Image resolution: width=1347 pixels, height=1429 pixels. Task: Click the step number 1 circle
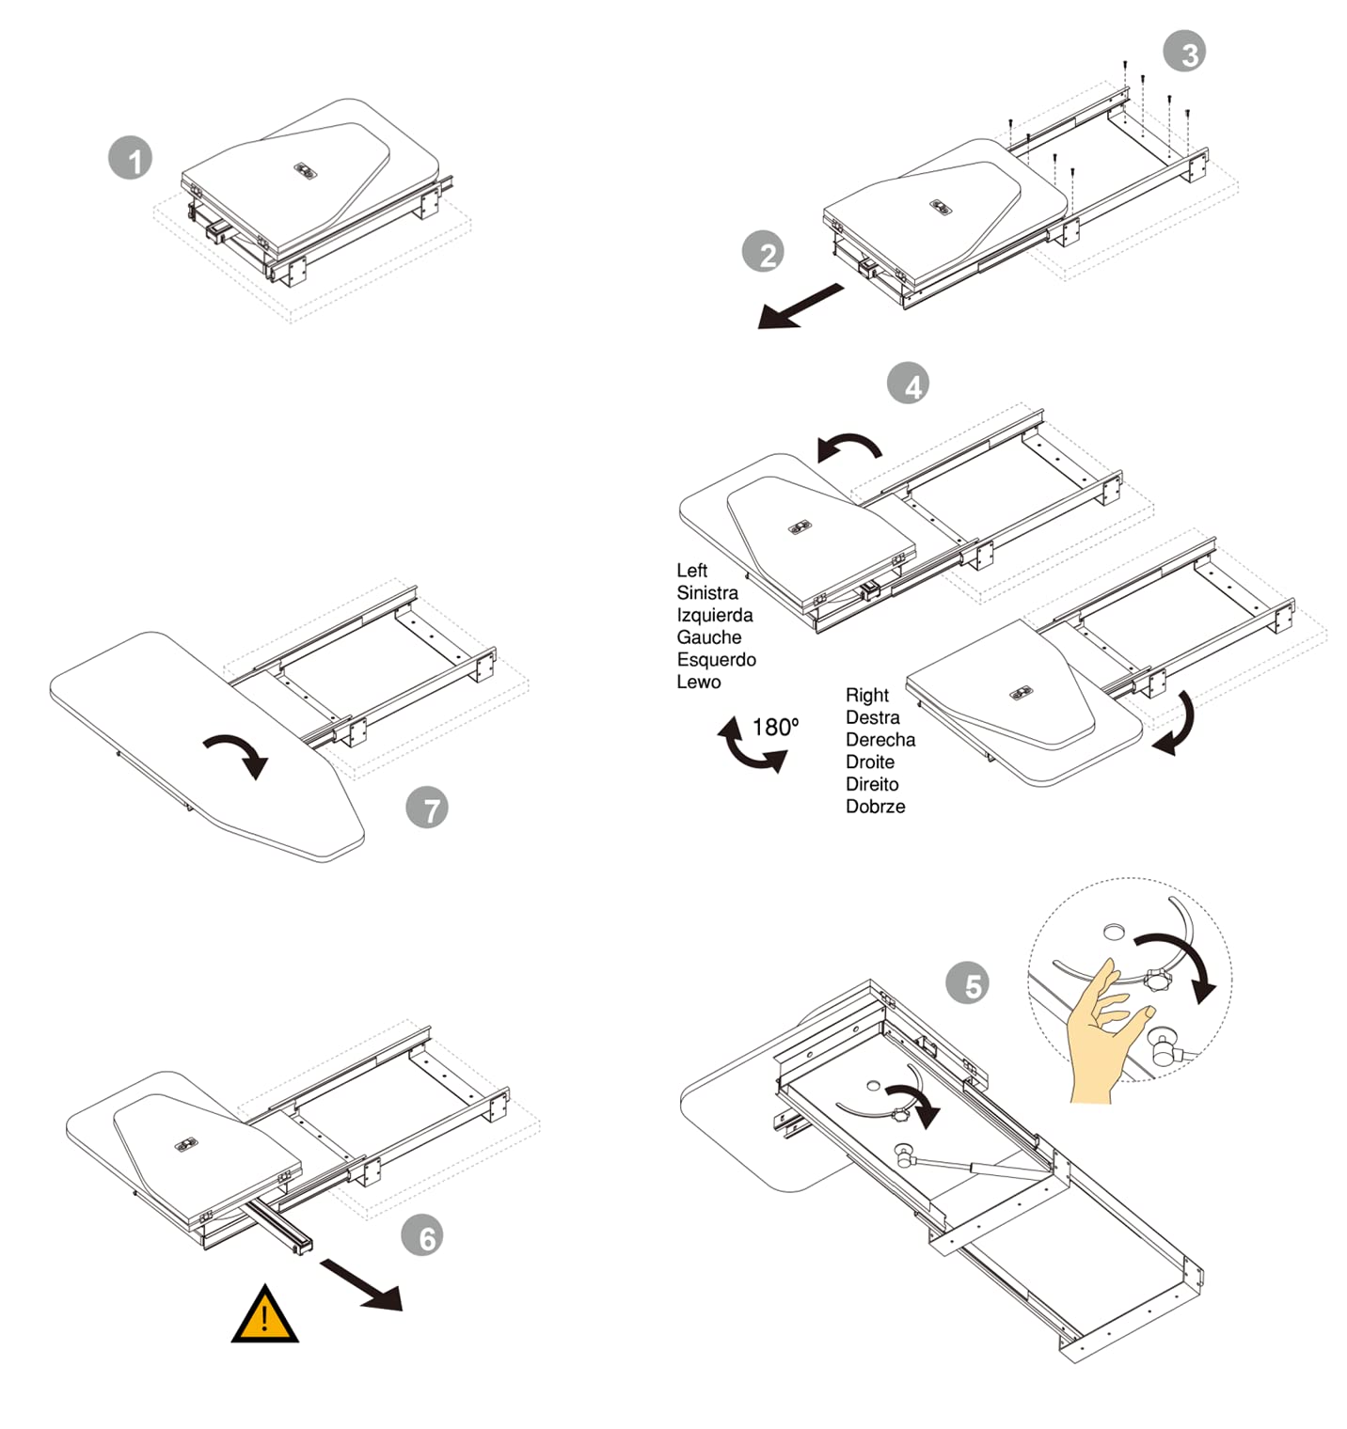pos(131,158)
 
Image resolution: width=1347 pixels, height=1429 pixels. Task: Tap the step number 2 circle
pos(763,253)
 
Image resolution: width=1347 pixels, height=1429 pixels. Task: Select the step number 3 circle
pos(1184,52)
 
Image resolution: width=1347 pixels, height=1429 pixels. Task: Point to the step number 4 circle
pos(909,384)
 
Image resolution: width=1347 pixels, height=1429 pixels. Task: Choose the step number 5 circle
pos(967,983)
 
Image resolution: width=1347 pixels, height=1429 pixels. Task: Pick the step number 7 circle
pos(427,809)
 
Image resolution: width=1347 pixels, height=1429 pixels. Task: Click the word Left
pos(691,571)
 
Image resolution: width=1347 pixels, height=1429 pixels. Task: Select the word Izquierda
pos(714,615)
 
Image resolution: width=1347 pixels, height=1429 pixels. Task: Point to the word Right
pos(866,695)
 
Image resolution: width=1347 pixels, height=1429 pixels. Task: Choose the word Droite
pos(869,762)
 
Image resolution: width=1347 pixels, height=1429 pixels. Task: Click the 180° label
pos(775,727)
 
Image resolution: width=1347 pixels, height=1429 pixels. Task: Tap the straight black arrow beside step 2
pos(800,306)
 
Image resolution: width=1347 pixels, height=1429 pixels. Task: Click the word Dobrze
pos(875,807)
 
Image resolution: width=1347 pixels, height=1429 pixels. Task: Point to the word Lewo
pos(698,682)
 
